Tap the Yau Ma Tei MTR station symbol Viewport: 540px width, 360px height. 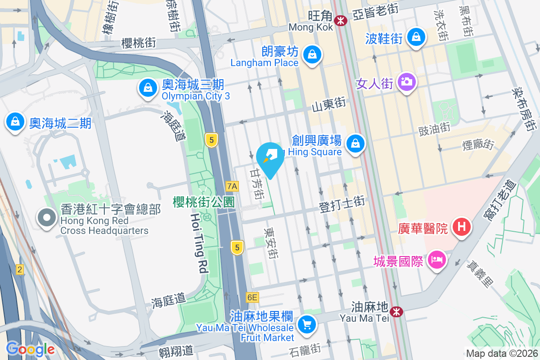click(x=396, y=311)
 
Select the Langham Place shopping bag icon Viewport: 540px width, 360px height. click(x=311, y=55)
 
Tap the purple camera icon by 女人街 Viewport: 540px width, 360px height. click(x=406, y=82)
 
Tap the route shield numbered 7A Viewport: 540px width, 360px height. click(x=232, y=186)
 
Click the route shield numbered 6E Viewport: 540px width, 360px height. click(x=252, y=297)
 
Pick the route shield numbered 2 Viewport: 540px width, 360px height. click(x=20, y=270)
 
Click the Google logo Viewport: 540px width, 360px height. click(x=31, y=349)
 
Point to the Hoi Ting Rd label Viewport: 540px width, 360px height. click(x=199, y=243)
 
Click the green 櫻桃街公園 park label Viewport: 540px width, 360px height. click(x=204, y=202)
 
